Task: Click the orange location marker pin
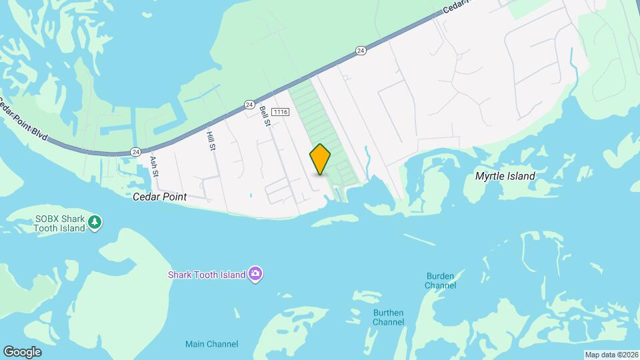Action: [x=320, y=159]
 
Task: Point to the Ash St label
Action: [x=155, y=166]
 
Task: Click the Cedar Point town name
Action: [x=159, y=197]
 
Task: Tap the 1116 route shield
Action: [x=280, y=113]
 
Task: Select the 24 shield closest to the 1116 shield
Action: [x=249, y=105]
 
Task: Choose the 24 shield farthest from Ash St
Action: [x=361, y=50]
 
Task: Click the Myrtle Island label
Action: [x=505, y=177]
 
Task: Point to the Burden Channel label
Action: [x=441, y=280]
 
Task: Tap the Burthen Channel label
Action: [x=389, y=317]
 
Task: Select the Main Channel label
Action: [x=211, y=344]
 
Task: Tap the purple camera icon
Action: [x=255, y=274]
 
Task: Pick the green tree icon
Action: [x=95, y=222]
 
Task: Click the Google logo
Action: [x=22, y=351]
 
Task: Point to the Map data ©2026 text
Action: [x=610, y=355]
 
